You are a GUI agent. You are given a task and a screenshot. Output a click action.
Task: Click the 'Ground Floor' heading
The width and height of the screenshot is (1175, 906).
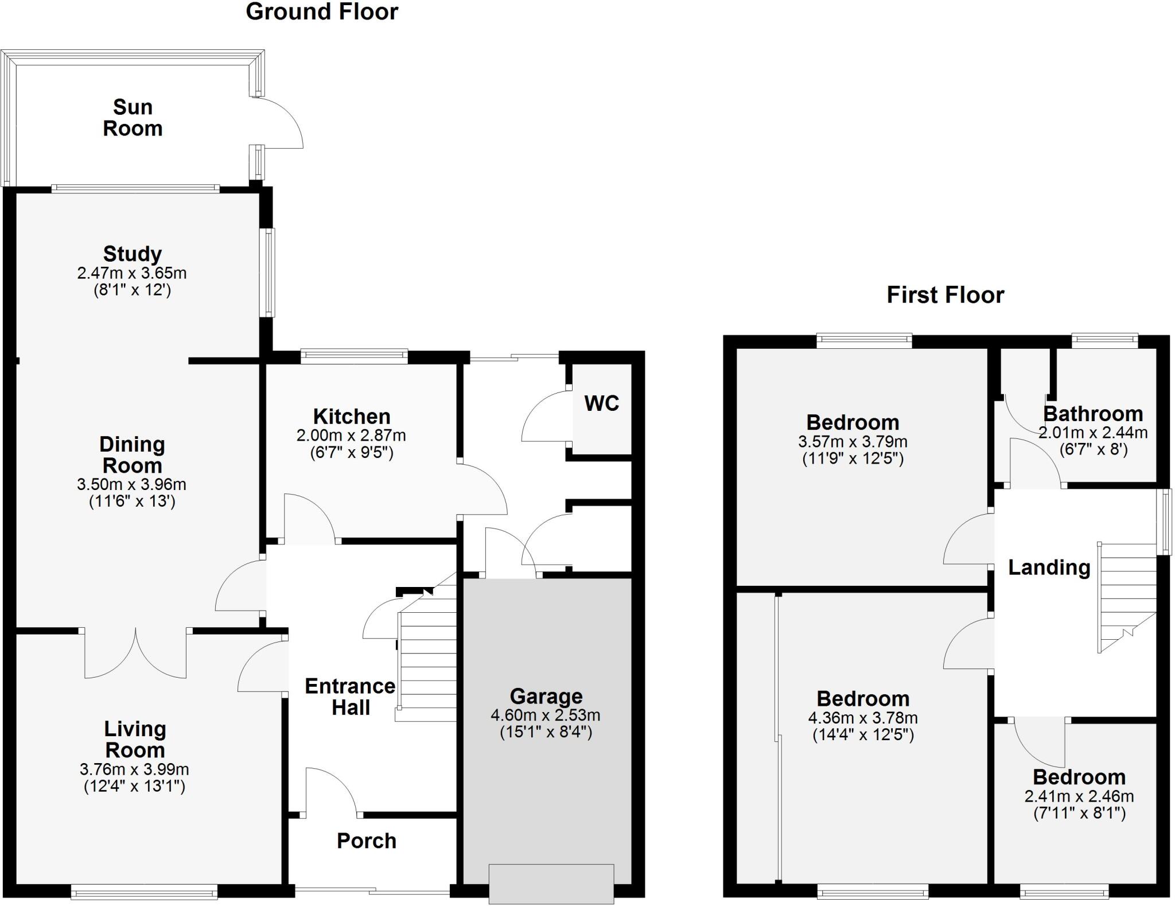pos(321,12)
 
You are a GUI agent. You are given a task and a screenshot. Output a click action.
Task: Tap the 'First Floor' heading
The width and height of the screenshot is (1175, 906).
pos(945,295)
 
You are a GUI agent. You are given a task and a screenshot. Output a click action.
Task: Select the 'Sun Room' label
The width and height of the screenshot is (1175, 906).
pos(133,118)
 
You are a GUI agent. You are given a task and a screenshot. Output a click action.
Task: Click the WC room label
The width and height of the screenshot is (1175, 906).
pos(601,403)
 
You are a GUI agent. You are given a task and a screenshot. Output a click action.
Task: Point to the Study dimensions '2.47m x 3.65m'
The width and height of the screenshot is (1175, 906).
pos(132,273)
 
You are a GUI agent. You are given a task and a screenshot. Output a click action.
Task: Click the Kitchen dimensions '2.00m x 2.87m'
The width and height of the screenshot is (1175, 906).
pos(351,435)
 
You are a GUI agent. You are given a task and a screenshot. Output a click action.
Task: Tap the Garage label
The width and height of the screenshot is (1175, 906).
pos(546,696)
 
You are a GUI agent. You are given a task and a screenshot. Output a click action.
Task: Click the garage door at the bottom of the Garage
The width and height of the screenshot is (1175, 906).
pos(551,884)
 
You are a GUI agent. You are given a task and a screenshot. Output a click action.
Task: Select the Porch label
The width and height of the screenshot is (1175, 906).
pos(367,841)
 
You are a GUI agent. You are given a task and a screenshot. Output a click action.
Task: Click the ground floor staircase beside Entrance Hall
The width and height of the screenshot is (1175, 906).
pos(427,666)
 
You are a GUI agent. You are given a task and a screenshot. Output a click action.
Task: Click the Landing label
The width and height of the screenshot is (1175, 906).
pos(1049,567)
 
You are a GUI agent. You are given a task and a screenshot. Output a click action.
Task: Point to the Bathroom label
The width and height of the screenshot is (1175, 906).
pos(1092,414)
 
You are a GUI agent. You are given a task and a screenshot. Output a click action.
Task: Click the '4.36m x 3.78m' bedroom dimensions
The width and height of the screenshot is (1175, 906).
pos(863,718)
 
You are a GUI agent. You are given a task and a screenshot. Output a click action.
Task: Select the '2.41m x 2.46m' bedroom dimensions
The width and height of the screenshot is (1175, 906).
pos(1079,796)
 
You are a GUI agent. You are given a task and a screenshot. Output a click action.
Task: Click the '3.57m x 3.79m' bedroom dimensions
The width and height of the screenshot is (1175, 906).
pos(853,442)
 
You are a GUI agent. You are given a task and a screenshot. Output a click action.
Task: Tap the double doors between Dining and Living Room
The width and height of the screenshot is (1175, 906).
pos(135,654)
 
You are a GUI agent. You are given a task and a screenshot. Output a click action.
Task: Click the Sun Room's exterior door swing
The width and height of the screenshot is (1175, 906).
pos(281,123)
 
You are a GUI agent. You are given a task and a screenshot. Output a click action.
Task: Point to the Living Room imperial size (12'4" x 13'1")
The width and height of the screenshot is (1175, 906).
pos(134,786)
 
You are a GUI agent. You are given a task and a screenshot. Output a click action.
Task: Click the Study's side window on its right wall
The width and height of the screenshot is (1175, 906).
pos(267,273)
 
